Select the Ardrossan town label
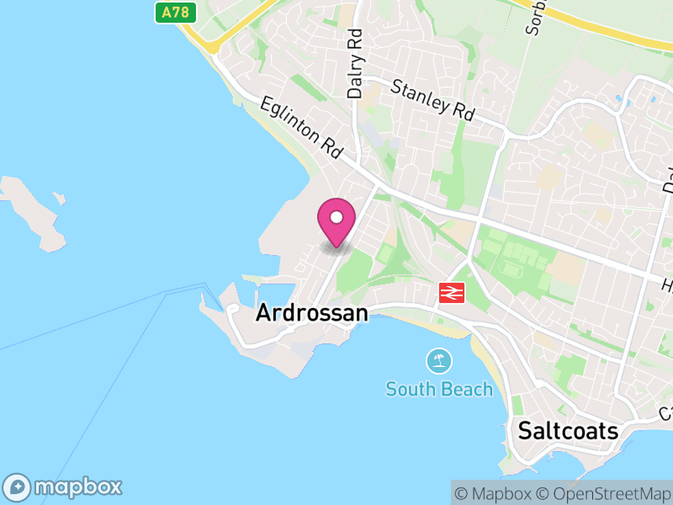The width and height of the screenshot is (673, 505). coord(311,313)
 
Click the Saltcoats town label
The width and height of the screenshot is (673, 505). coord(568,432)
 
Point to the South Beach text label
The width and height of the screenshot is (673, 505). coord(439,389)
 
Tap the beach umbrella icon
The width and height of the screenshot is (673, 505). coord(438,362)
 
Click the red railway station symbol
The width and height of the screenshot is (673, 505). coord(452,292)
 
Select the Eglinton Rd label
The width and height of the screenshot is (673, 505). coord(300,127)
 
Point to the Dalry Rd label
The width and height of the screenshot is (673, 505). coord(354,63)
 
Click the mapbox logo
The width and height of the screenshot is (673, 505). coord(64,486)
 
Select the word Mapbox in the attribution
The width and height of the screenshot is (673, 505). coord(501,493)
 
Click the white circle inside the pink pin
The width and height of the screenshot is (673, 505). coord(336,218)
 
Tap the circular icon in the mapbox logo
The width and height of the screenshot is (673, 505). coord(19,486)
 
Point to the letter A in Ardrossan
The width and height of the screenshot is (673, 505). coord(263,313)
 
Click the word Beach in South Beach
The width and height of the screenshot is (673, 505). coord(466,389)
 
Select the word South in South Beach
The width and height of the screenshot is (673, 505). coord(410,389)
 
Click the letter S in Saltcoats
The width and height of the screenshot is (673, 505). coord(525,432)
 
